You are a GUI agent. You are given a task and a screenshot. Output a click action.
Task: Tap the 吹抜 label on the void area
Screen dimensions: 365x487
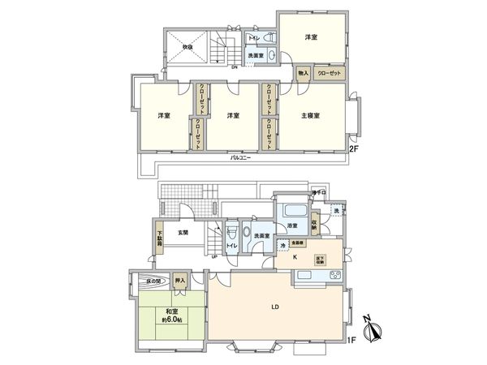[x=190, y=46]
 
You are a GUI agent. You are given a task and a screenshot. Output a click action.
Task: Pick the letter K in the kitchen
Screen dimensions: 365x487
[x=295, y=258]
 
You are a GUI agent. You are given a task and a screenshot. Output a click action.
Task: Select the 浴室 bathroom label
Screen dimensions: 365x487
[x=293, y=225]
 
